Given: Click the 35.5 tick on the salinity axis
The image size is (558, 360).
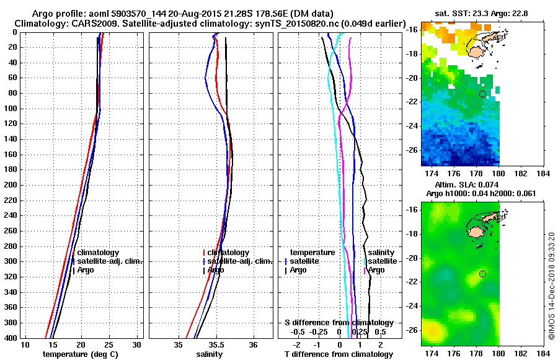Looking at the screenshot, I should [216, 344].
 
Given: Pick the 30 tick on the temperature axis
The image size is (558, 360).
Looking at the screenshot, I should [137, 344].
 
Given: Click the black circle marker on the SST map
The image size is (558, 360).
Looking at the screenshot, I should [482, 94].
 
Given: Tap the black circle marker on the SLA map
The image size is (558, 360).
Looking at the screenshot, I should [482, 274].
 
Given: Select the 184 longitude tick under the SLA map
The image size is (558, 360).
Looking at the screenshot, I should [544, 353].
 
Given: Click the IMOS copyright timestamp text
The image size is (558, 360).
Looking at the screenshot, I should [552, 286].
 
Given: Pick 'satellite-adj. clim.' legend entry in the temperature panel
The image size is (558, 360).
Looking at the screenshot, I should [110, 261].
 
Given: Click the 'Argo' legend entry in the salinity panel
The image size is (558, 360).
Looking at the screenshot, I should [216, 270].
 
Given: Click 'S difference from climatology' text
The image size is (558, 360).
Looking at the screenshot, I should [339, 323].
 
